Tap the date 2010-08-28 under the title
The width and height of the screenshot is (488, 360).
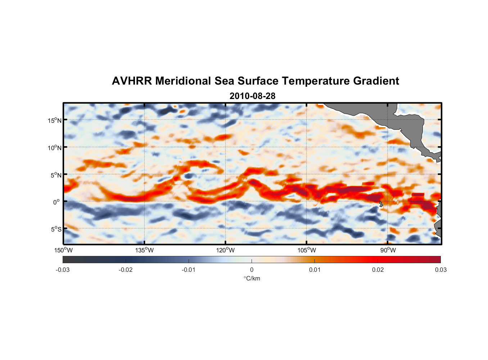[252, 96]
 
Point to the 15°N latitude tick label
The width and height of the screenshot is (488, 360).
[55, 120]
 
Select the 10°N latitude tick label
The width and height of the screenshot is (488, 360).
[55, 148]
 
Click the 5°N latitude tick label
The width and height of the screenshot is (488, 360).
[56, 175]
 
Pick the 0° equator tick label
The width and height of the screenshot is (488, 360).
[57, 202]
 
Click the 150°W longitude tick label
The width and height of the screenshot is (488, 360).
[63, 250]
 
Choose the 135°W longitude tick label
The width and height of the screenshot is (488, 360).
[144, 250]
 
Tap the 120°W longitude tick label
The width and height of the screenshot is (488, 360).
[225, 250]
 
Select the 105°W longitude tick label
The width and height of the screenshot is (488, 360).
[307, 250]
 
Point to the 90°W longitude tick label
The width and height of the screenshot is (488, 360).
[388, 250]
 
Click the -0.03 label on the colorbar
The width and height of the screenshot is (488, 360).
[63, 270]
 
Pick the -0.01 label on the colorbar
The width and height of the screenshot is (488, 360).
[189, 270]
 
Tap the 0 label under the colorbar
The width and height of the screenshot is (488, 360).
[252, 270]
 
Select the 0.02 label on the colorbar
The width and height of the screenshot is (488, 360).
[378, 270]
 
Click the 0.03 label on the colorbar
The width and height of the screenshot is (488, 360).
[440, 270]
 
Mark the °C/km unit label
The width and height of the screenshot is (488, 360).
[252, 278]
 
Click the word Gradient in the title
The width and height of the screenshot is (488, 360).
[376, 81]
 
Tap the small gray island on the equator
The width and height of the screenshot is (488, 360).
[381, 204]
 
